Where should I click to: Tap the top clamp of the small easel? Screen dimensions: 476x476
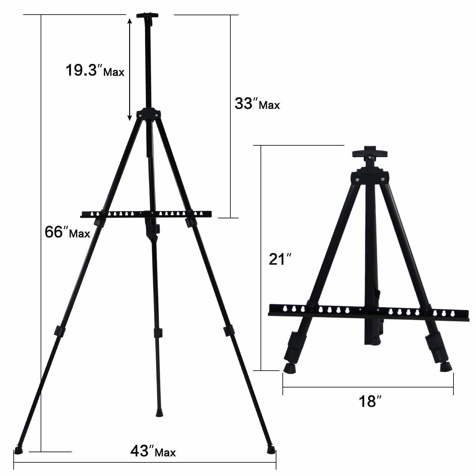pos(370,153)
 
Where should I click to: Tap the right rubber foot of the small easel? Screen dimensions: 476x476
pos(446,366)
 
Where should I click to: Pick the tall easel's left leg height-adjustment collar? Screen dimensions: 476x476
pos(59,331)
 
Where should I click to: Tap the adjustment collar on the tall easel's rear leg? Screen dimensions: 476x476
pos(158,333)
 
